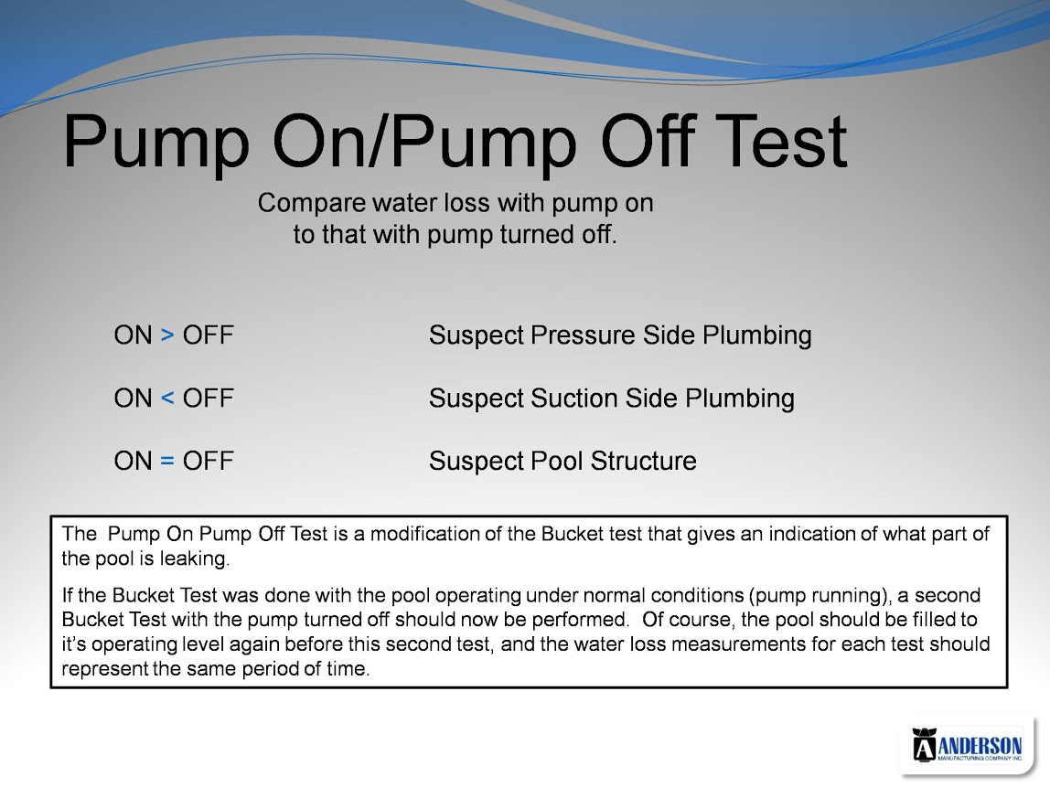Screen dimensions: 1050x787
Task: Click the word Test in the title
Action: pyautogui.click(x=781, y=141)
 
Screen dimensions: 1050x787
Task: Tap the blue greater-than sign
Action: pyautogui.click(x=167, y=335)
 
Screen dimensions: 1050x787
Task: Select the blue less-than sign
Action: pyautogui.click(x=167, y=399)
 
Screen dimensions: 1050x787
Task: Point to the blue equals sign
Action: pyautogui.click(x=167, y=461)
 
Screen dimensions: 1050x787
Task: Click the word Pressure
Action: pyautogui.click(x=584, y=335)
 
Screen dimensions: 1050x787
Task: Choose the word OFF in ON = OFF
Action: pyautogui.click(x=209, y=461)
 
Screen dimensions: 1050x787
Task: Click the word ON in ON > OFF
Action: pyautogui.click(x=134, y=335)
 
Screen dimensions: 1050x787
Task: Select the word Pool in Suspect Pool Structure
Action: pyautogui.click(x=556, y=461)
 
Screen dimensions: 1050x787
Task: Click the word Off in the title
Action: pyautogui.click(x=648, y=141)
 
